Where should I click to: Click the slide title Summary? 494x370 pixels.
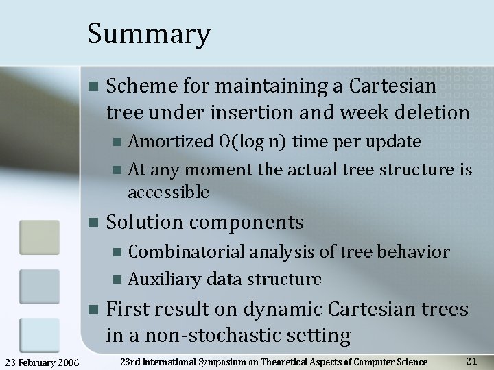pyautogui.click(x=149, y=34)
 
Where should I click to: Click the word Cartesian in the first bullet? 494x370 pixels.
pyautogui.click(x=392, y=86)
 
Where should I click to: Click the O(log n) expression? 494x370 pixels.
pyautogui.click(x=253, y=142)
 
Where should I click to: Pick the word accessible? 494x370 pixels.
pyautogui.click(x=168, y=193)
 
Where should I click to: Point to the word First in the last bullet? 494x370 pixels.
pyautogui.click(x=129, y=310)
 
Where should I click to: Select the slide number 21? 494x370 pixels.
pyautogui.click(x=471, y=361)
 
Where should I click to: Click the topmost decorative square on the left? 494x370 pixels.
pyautogui.click(x=39, y=238)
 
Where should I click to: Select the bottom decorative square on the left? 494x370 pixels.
pyautogui.click(x=39, y=335)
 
